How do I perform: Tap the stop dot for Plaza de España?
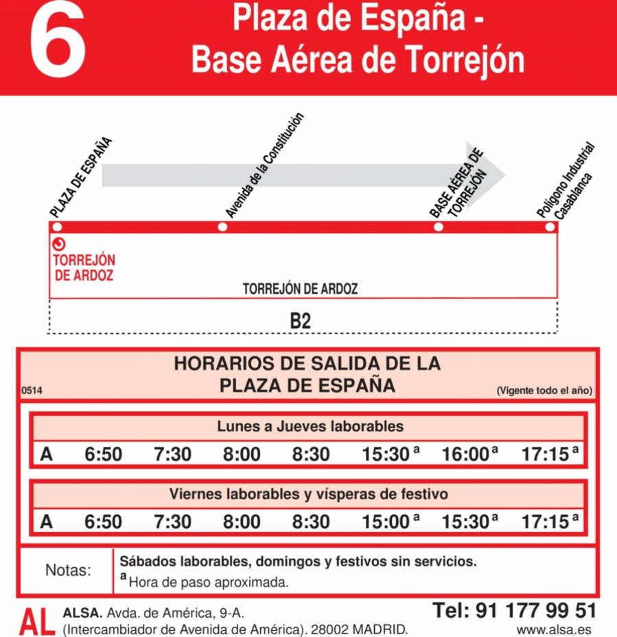pyautogui.click(x=57, y=227)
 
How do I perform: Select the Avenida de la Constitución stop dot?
pyautogui.click(x=222, y=227)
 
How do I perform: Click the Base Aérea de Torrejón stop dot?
pyautogui.click(x=439, y=227)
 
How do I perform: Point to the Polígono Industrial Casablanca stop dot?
pyautogui.click(x=549, y=227)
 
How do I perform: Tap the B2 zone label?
pyautogui.click(x=301, y=321)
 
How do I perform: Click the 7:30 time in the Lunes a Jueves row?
pyautogui.click(x=172, y=454)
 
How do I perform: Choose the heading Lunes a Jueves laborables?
pyautogui.click(x=310, y=426)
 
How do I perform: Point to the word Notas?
pyautogui.click(x=67, y=570)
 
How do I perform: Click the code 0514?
pyautogui.click(x=32, y=391)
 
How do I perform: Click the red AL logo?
pyautogui.click(x=36, y=621)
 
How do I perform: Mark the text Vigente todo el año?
pyautogui.click(x=544, y=391)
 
